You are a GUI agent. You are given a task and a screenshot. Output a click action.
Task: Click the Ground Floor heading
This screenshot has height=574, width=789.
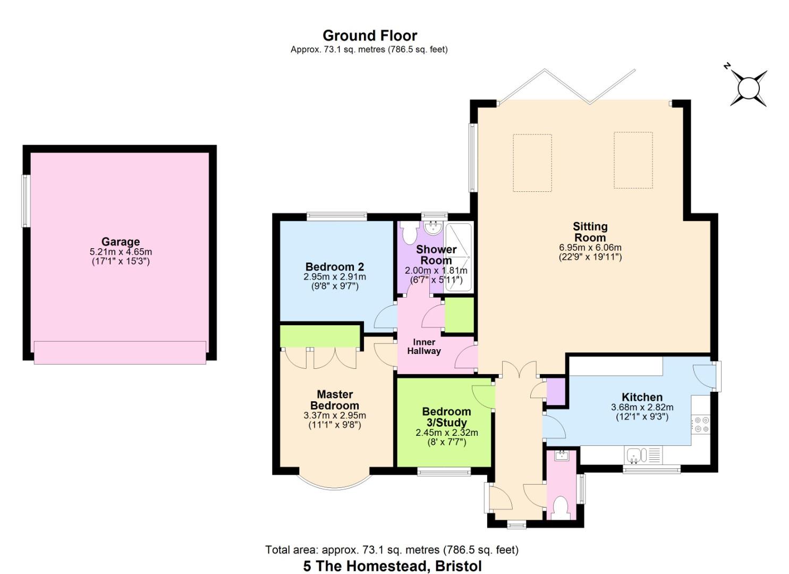(x=370, y=36)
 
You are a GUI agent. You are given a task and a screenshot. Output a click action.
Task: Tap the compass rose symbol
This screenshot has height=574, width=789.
(x=749, y=88)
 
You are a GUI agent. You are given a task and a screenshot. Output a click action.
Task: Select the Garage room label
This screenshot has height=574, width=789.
(x=121, y=242)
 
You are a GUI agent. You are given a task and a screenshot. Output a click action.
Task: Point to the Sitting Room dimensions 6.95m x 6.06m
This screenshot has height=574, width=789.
(x=590, y=248)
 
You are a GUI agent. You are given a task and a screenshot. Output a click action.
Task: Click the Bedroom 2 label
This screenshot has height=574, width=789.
(x=334, y=267)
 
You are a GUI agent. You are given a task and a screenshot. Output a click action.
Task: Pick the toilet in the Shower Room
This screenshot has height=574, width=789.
(x=410, y=233)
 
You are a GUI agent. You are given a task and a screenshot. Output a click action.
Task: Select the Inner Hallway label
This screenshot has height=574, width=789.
(x=423, y=347)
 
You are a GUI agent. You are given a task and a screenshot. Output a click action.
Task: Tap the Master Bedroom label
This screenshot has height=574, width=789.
(x=335, y=400)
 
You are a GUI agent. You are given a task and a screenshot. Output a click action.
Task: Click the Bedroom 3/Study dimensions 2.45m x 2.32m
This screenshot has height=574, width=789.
(x=446, y=433)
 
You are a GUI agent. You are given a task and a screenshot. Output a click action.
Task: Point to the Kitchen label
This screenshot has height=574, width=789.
(x=642, y=397)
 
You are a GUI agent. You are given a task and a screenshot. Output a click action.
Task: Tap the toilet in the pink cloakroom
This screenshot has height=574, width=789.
(x=561, y=508)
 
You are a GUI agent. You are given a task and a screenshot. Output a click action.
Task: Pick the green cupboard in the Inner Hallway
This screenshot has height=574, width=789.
(x=459, y=315)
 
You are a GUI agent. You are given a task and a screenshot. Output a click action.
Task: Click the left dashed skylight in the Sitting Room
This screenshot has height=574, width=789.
(x=532, y=163)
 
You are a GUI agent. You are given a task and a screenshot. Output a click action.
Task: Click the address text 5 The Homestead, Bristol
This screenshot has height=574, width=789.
(x=392, y=565)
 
